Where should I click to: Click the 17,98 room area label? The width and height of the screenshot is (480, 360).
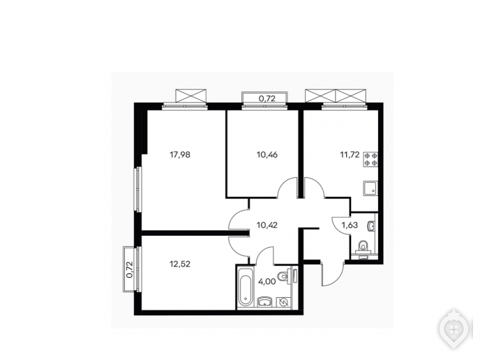click(x=180, y=155)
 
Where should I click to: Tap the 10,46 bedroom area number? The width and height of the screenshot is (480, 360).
click(x=267, y=155)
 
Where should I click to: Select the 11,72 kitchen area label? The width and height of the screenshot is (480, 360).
click(x=350, y=155)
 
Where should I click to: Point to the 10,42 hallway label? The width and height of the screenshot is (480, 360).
click(x=267, y=225)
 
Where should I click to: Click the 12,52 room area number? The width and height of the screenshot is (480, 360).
click(x=180, y=264)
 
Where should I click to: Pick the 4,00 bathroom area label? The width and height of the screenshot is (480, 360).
click(x=267, y=282)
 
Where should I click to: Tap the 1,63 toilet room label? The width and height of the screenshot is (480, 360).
click(x=350, y=225)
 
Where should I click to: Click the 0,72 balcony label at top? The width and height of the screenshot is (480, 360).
click(x=267, y=98)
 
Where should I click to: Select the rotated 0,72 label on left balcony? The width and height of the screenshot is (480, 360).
click(x=130, y=269)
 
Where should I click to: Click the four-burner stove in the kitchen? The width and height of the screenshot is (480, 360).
click(x=370, y=160)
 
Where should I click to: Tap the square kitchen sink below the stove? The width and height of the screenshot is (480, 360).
click(x=370, y=188)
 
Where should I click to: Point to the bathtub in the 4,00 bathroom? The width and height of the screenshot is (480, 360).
click(x=246, y=287)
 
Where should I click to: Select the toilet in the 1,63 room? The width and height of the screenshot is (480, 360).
click(x=363, y=248)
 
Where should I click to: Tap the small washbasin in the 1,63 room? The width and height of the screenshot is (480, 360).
click(x=372, y=226)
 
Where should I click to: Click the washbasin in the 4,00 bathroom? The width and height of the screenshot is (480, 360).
click(x=265, y=301)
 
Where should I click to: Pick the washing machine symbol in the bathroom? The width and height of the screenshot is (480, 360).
click(x=283, y=302)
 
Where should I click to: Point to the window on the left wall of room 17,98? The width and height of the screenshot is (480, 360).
click(x=138, y=189)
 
